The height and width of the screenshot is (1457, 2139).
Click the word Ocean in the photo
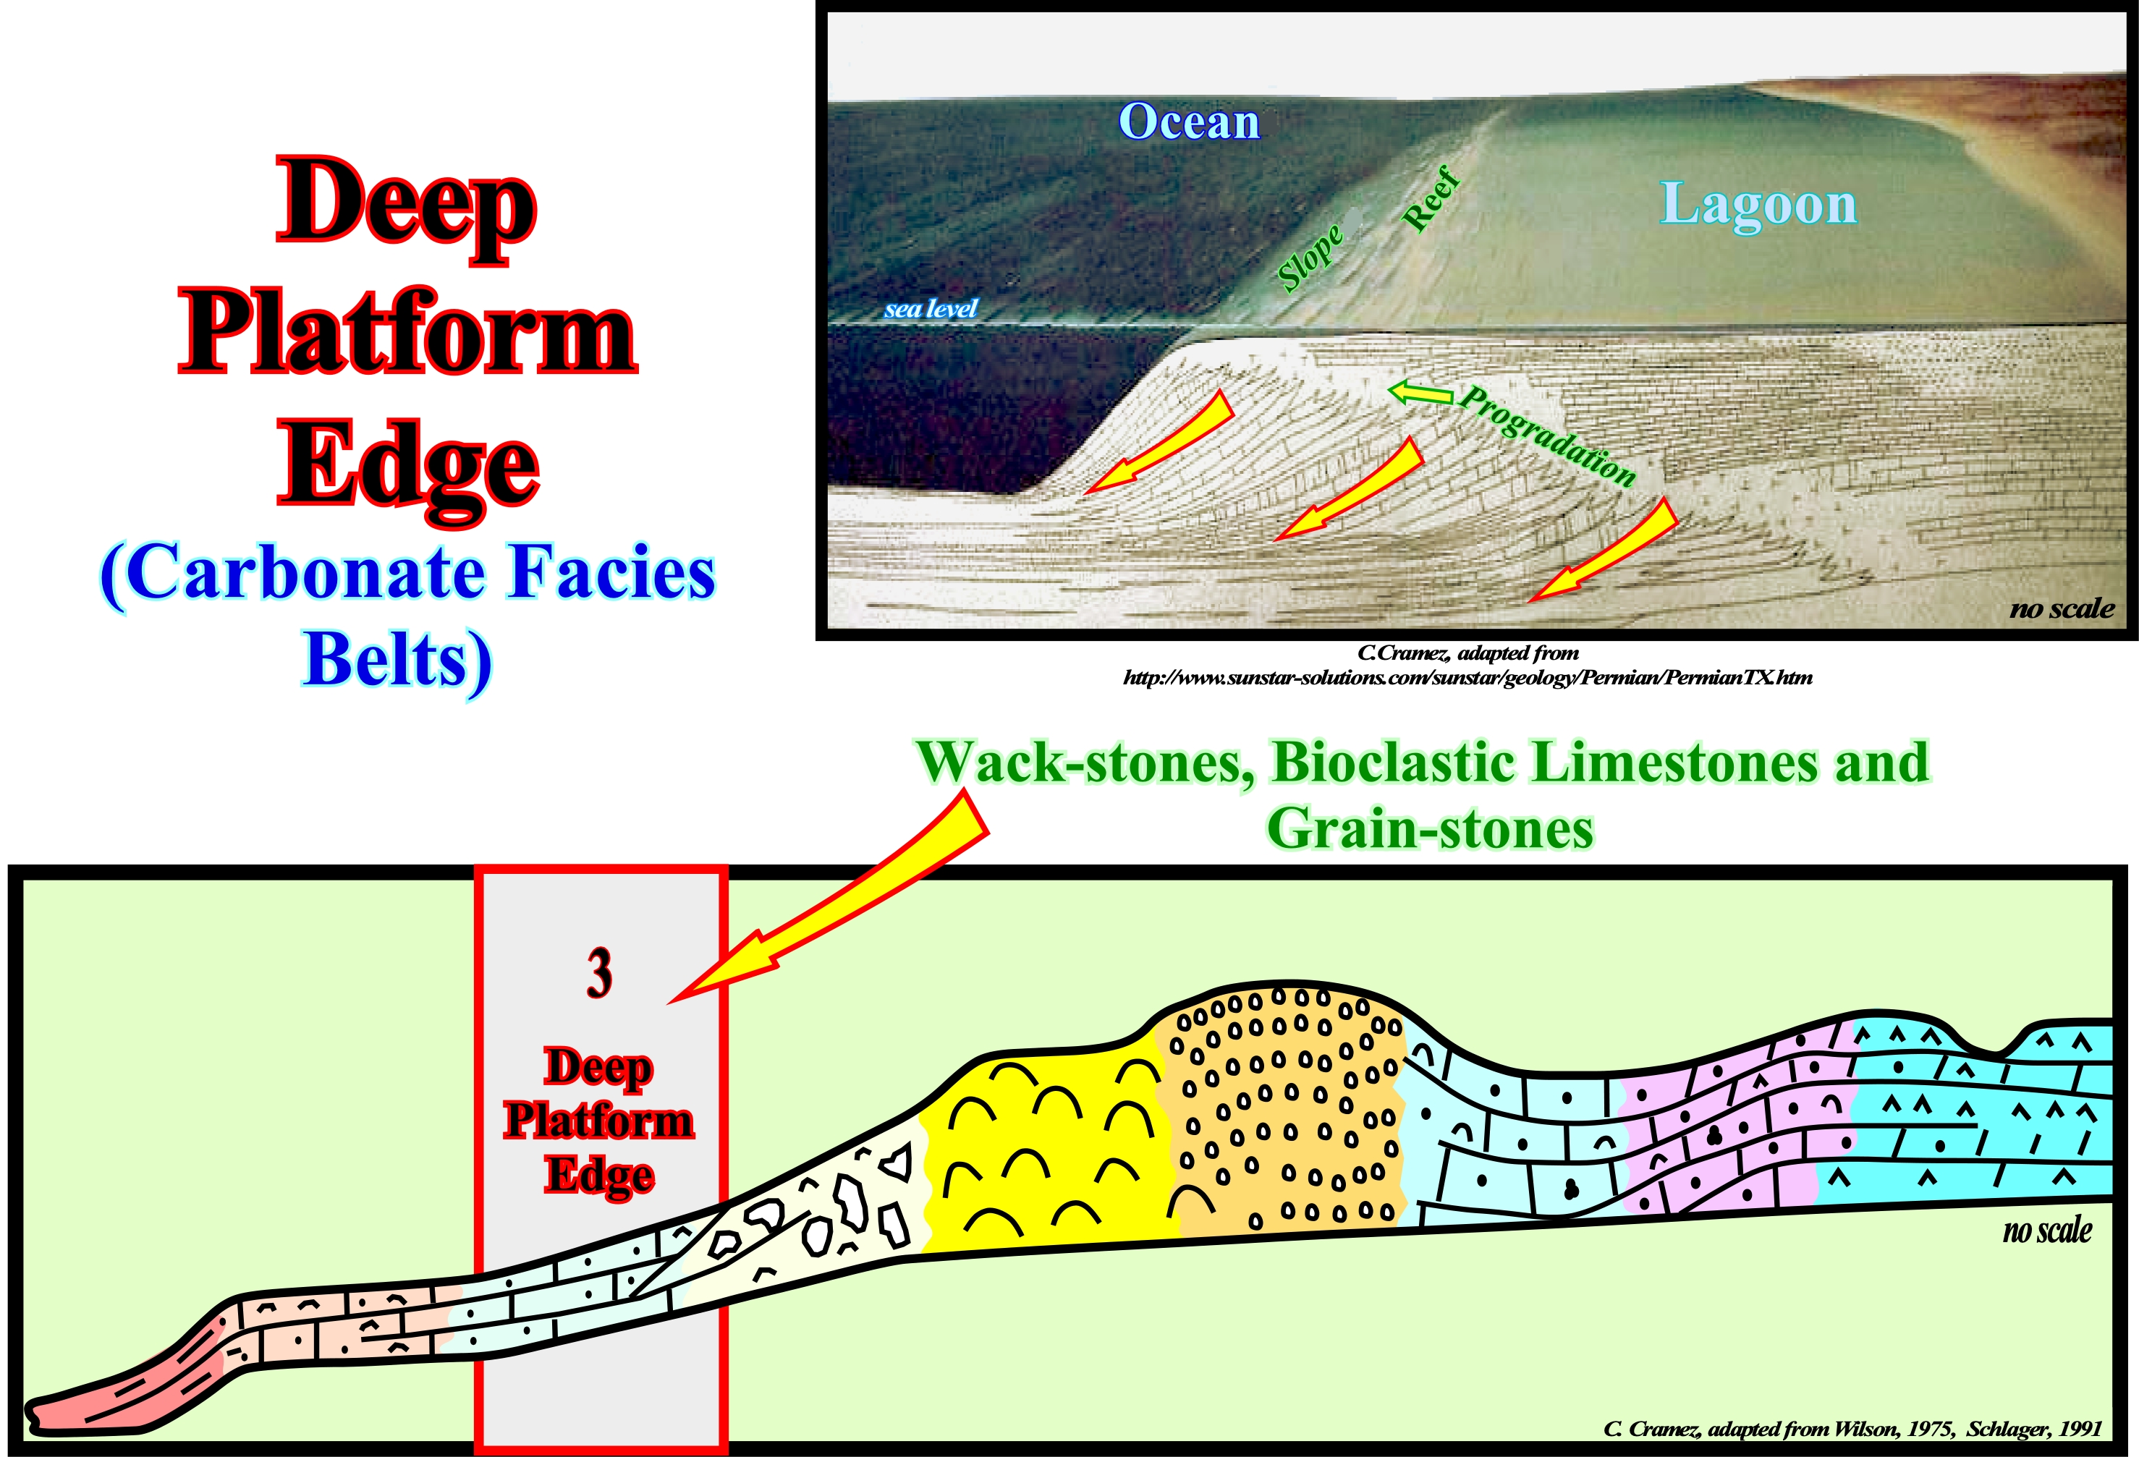1188,122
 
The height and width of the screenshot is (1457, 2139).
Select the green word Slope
1310,259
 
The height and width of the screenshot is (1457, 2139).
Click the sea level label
931,308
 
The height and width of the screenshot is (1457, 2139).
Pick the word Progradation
1548,436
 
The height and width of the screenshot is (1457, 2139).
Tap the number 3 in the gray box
599,973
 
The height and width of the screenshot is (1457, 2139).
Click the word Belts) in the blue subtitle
397,660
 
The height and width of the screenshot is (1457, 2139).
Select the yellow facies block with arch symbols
1049,1150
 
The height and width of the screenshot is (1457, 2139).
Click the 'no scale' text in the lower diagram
2047,1231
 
